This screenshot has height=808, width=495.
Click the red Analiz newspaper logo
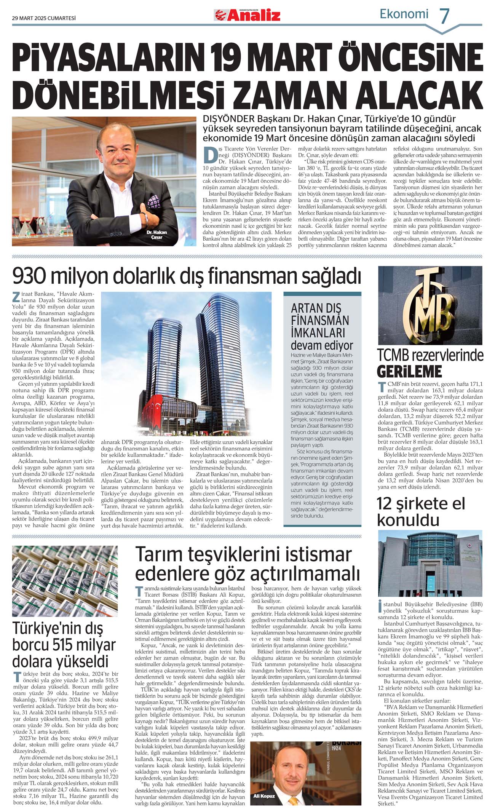(x=247, y=15)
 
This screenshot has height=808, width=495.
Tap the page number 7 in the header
(x=444, y=16)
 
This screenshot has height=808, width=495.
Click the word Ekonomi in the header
(x=404, y=14)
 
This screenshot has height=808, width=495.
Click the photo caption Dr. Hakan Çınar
(x=156, y=235)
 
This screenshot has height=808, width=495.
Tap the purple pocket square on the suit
(x=153, y=201)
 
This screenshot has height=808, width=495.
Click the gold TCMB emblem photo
(x=430, y=305)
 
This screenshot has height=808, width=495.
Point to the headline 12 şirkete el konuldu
(x=421, y=511)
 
